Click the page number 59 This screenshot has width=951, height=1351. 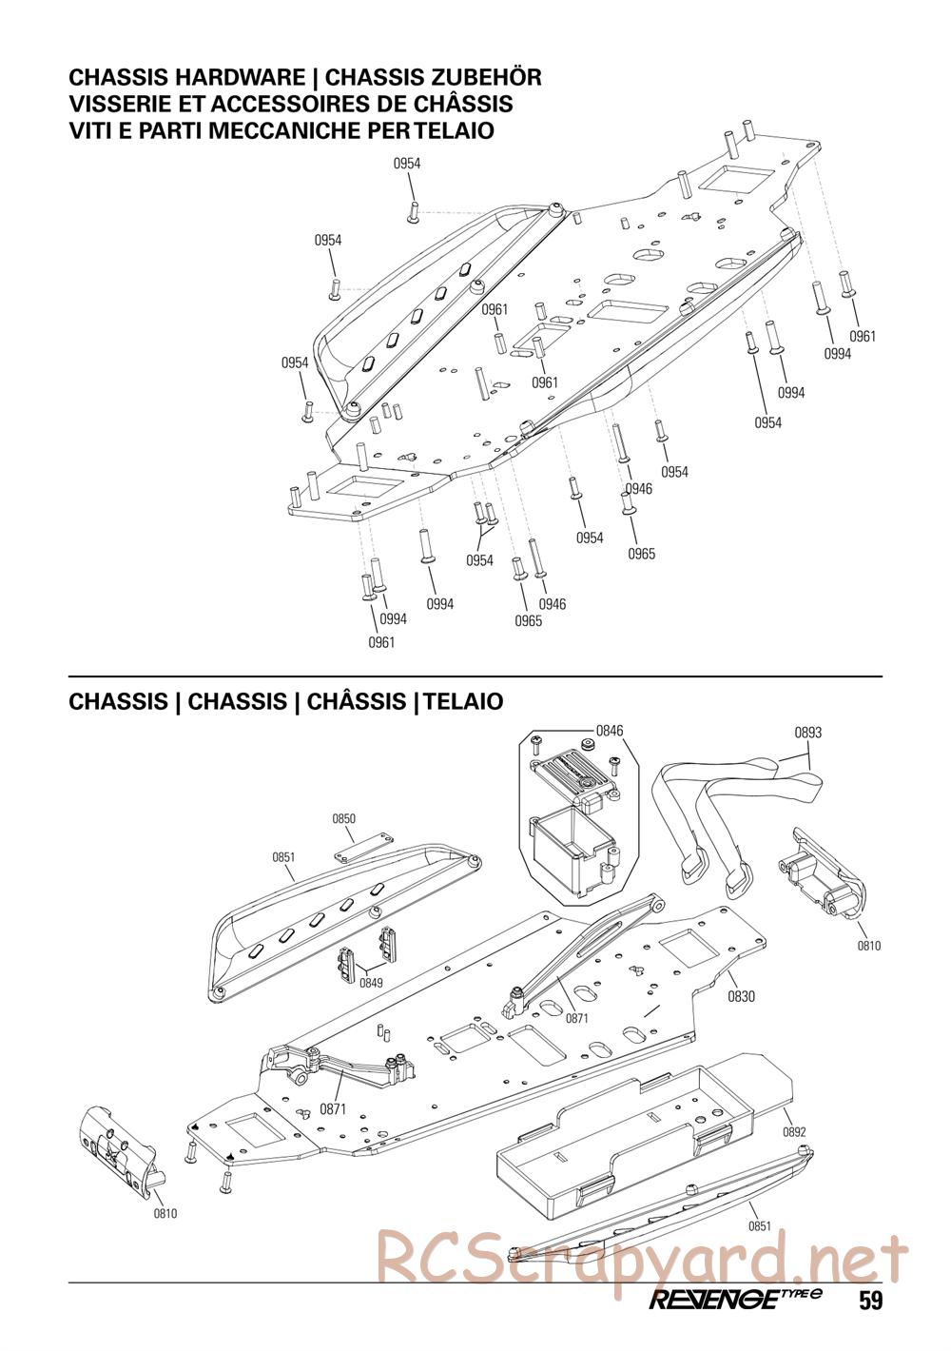[x=870, y=1301]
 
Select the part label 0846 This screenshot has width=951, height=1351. [x=610, y=731]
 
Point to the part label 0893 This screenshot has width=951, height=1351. [x=807, y=733]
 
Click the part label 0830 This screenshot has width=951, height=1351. [x=741, y=996]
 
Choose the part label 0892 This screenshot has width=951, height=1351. [x=794, y=1132]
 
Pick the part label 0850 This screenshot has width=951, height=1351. [x=343, y=818]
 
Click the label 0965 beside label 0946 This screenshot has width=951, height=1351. [x=528, y=621]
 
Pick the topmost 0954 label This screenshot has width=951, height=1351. [x=407, y=164]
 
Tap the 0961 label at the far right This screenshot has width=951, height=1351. [x=863, y=336]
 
